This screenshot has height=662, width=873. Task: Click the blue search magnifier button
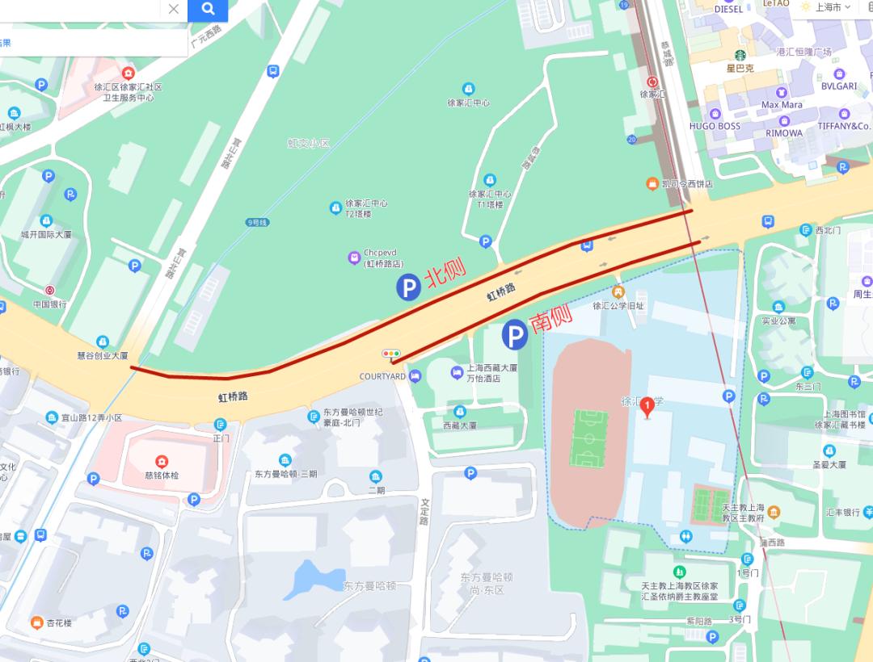pos(208,10)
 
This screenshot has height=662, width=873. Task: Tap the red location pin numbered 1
pos(647,409)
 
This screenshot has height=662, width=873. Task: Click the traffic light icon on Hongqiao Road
pos(391,354)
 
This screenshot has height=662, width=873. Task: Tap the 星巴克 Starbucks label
pos(740,69)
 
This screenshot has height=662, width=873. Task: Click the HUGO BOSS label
pos(715,127)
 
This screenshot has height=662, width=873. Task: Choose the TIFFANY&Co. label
pos(844,126)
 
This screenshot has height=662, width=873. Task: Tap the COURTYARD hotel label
pos(382,377)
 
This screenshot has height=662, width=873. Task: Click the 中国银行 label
pos(49,304)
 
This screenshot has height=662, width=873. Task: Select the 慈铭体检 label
pos(162,475)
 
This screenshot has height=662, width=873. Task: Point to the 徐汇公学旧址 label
pos(618,306)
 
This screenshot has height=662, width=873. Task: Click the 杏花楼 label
pos(59,623)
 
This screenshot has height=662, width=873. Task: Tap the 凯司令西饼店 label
pos(687,184)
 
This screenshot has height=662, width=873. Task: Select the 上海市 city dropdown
pos(826,7)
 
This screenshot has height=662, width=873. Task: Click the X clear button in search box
pos(173,10)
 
